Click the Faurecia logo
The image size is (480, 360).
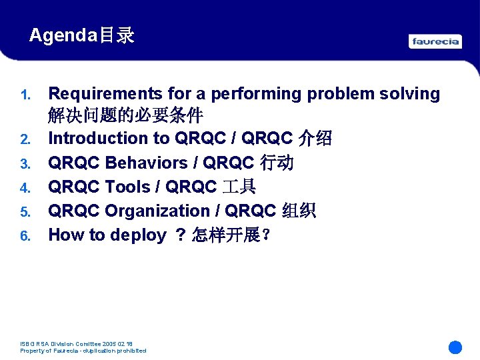point(435,41)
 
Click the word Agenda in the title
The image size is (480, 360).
point(63,35)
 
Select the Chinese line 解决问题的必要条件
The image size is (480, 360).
point(125,116)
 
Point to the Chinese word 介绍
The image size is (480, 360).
point(315,139)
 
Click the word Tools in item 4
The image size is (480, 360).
point(128,187)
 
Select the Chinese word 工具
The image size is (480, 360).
point(239,187)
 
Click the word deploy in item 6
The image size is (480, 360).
point(138,235)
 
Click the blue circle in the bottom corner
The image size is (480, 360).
point(455,347)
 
